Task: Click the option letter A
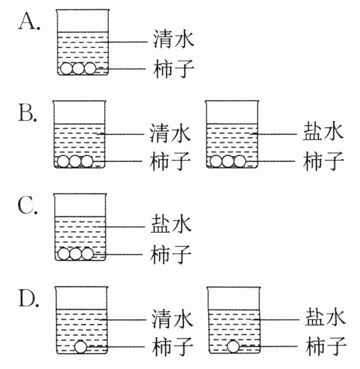click(28, 21)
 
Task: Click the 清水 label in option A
click(174, 39)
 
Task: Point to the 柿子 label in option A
click(174, 69)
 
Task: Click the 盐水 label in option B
click(323, 131)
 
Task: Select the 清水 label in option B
click(170, 133)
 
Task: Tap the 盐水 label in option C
click(171, 224)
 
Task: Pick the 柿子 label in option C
click(170, 254)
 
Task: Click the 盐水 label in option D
click(326, 317)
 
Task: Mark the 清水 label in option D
click(172, 318)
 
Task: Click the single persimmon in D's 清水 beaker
click(81, 347)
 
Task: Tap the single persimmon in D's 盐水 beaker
click(233, 347)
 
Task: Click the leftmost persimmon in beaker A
click(66, 68)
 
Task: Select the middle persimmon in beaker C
click(76, 254)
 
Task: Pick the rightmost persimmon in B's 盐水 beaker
click(240, 161)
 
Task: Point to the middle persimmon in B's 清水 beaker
click(75, 161)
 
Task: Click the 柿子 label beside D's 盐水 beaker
click(326, 346)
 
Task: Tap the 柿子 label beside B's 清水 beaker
click(170, 161)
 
